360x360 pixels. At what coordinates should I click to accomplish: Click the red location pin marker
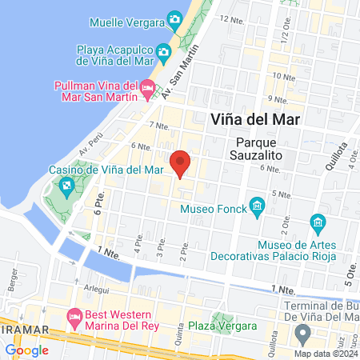pyautogui.click(x=181, y=162)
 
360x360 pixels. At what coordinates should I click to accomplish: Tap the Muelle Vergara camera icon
pyautogui.click(x=174, y=19)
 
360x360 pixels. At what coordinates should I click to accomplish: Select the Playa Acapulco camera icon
pyautogui.click(x=163, y=53)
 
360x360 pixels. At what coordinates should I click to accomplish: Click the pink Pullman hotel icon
pyautogui.click(x=147, y=87)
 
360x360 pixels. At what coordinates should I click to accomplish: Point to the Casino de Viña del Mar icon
pyautogui.click(x=66, y=186)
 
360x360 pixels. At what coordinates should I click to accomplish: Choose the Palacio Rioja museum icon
pyautogui.click(x=318, y=222)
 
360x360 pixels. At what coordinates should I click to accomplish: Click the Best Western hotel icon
pyautogui.click(x=75, y=318)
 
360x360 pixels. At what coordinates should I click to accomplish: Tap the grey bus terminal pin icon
pyautogui.click(x=302, y=332)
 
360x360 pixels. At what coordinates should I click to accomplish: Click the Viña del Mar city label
pyautogui.click(x=254, y=118)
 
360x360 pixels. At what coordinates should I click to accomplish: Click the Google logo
pyautogui.click(x=26, y=350)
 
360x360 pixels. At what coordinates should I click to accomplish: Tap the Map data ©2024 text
pyautogui.click(x=324, y=353)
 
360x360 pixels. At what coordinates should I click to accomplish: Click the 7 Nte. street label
pyautogui.click(x=158, y=126)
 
